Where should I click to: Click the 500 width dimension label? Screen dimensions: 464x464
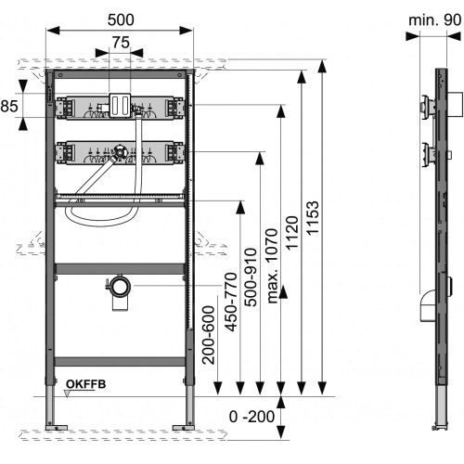[x=121, y=19]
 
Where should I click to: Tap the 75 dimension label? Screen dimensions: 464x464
[x=121, y=43]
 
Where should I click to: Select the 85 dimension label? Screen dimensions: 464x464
[x=9, y=106]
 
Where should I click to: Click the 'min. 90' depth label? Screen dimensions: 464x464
[x=435, y=20]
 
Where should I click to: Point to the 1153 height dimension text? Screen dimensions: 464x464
[x=313, y=218]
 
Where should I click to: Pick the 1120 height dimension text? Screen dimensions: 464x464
[x=292, y=233]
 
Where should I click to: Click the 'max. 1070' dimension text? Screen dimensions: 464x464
[x=272, y=266]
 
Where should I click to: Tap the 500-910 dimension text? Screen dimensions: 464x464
[x=251, y=277]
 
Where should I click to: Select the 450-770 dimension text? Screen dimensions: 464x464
[x=231, y=302]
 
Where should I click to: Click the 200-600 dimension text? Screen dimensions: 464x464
[x=209, y=335]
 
